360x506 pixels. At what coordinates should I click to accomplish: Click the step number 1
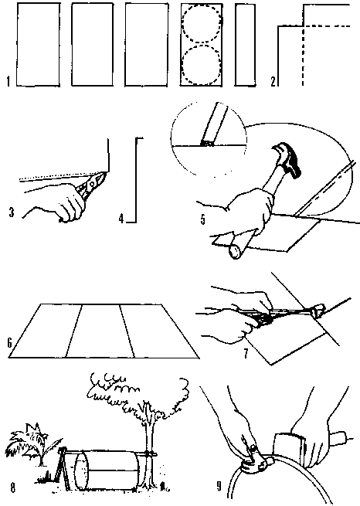point(8,81)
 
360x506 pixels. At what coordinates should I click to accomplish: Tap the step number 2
point(273,81)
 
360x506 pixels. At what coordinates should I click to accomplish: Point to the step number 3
point(12,212)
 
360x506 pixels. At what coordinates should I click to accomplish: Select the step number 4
point(121,219)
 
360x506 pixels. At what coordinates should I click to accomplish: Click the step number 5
point(202,219)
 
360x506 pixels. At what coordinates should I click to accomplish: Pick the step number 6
point(10,342)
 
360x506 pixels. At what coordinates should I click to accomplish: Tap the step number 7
point(246,354)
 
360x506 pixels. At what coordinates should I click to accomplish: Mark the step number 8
point(13,487)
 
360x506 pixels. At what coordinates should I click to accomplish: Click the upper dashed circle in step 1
point(182,24)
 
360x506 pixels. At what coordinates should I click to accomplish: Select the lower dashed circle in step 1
point(182,66)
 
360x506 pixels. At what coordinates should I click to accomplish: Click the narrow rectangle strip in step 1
point(245,45)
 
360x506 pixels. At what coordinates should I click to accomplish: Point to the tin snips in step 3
point(90,185)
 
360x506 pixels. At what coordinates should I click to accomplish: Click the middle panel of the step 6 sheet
point(100,331)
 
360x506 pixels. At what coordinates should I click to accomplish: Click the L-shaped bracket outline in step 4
point(135,181)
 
